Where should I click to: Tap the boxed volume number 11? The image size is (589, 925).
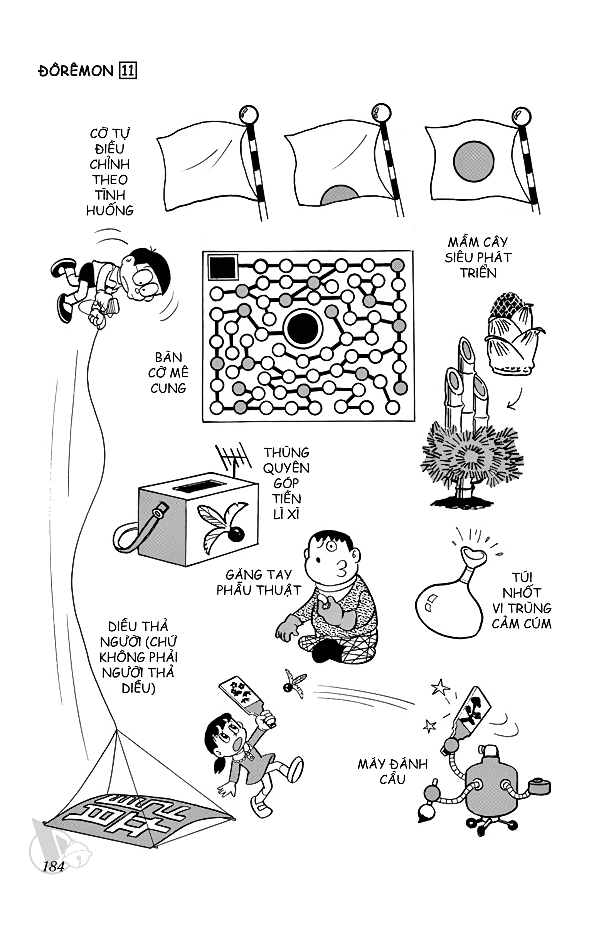coord(129,71)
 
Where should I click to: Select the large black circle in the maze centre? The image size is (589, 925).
coord(303,328)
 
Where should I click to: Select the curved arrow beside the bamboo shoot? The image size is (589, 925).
coord(517,400)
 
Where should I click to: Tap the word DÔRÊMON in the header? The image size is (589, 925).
coord(76,71)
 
